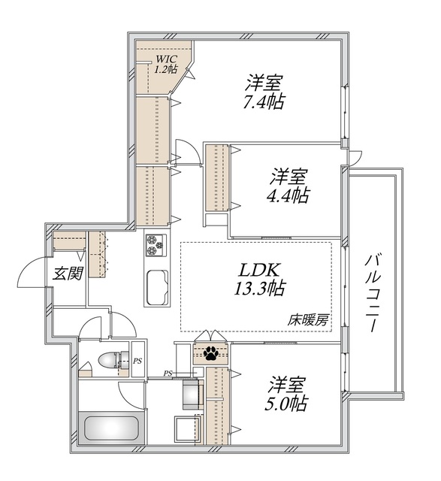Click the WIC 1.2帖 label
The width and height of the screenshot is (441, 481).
tap(166, 65)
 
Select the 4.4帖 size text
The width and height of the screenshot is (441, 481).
tap(289, 196)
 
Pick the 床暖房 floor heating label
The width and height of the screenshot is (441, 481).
tap(308, 319)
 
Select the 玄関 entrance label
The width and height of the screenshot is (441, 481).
tap(68, 274)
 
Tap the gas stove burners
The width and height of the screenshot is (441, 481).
tap(156, 245)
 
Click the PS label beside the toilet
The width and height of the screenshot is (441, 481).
tap(137, 362)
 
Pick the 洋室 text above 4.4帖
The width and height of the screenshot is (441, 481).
tap(289, 178)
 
